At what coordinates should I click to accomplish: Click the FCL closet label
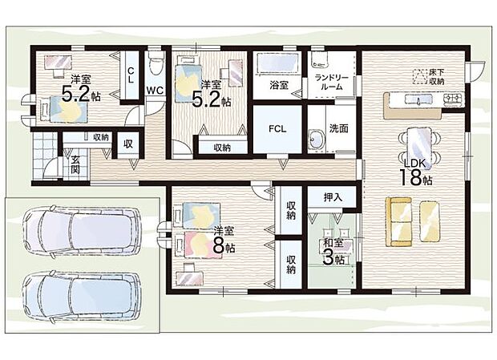[277, 129]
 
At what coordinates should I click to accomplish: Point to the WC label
[155, 91]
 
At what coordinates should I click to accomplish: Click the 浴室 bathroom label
[279, 83]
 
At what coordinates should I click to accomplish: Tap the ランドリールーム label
[330, 81]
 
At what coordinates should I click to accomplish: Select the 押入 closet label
[333, 196]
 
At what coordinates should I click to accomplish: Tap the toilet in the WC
[156, 64]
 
